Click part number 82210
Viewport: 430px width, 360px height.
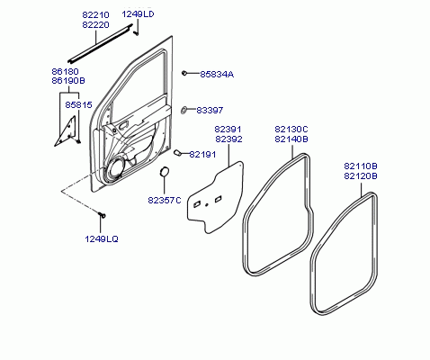point(95,14)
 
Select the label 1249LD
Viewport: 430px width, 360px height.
point(138,13)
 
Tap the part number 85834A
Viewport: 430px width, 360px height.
point(217,74)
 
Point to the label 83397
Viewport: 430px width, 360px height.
point(210,110)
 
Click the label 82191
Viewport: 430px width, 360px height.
point(202,154)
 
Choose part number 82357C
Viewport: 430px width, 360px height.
point(165,200)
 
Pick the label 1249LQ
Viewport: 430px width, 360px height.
point(102,238)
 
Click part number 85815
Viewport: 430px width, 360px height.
point(78,104)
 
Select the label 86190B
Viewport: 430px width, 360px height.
point(68,81)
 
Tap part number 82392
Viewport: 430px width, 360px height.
point(228,139)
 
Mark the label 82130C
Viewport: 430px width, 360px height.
point(291,130)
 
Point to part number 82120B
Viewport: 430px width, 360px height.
point(361,175)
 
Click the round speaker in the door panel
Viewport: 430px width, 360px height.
point(114,168)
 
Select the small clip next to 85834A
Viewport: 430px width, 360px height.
point(184,73)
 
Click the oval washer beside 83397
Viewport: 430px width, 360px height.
point(184,110)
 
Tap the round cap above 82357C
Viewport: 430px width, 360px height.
point(164,171)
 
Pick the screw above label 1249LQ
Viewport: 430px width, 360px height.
point(103,215)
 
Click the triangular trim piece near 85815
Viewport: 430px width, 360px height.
point(67,131)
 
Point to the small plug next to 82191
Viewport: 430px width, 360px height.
point(177,153)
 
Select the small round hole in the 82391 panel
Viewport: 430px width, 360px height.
point(207,205)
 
